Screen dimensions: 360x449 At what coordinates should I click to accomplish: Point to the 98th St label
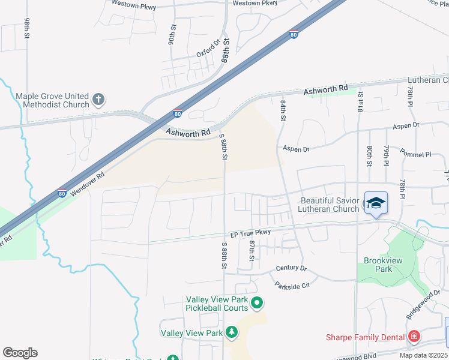click(28, 28)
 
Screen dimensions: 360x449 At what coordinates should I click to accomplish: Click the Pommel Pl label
click(416, 154)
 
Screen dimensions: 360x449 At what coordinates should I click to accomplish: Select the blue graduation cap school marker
click(376, 203)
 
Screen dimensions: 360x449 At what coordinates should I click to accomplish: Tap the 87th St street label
click(252, 251)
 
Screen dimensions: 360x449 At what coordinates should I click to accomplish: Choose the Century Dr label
click(291, 268)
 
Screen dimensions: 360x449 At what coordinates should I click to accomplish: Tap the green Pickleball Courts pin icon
click(257, 304)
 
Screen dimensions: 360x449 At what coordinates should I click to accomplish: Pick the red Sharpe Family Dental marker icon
click(414, 337)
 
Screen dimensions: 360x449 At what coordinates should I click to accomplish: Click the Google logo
click(20, 353)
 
